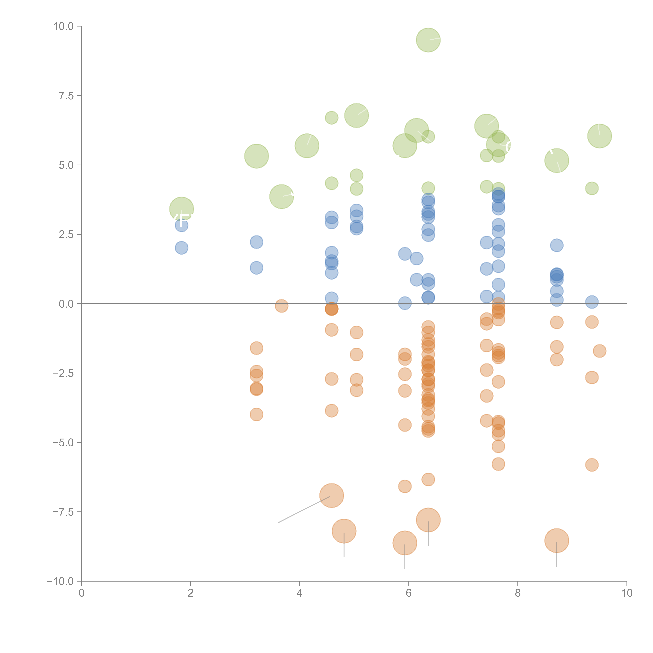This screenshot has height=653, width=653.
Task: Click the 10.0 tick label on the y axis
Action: (64, 26)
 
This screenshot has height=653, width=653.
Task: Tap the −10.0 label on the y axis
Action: (60, 581)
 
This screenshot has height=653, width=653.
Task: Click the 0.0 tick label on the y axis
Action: (66, 304)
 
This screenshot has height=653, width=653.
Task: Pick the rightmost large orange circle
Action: (557, 540)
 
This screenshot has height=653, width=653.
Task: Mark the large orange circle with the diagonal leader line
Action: (332, 495)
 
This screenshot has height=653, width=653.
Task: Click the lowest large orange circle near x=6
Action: (405, 543)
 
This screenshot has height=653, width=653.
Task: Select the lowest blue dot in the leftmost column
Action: (182, 248)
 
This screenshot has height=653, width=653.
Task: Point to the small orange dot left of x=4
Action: (282, 306)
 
